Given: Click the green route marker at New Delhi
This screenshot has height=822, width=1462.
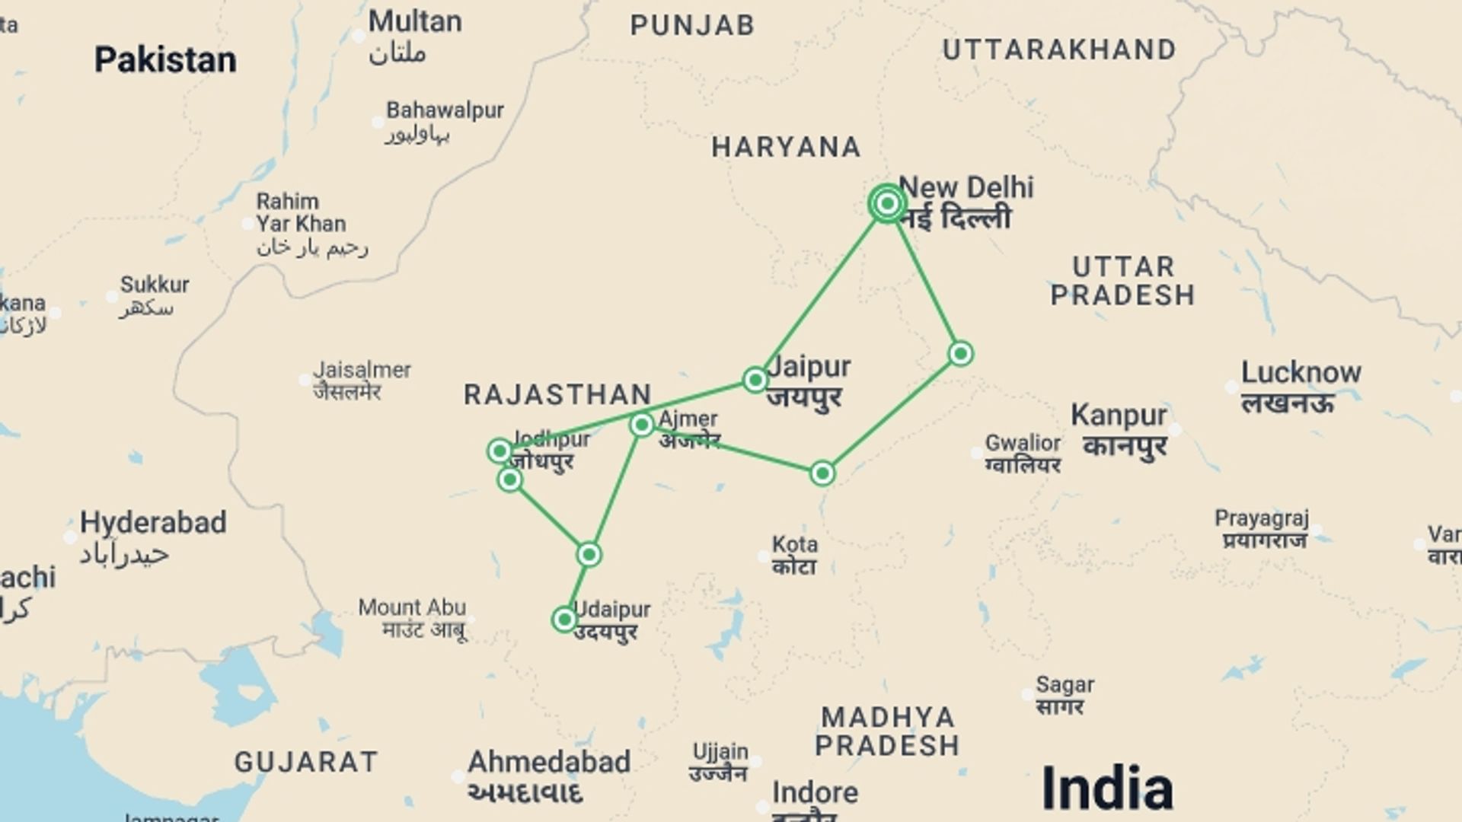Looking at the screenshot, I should pyautogui.click(x=887, y=203).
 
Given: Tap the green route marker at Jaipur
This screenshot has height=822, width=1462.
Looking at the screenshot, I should pyautogui.click(x=755, y=379).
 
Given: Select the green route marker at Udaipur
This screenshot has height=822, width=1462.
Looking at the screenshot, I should pyautogui.click(x=564, y=620).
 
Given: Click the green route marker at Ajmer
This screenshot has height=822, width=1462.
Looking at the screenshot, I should pyautogui.click(x=642, y=425).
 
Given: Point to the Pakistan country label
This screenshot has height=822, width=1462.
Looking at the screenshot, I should pyautogui.click(x=165, y=59).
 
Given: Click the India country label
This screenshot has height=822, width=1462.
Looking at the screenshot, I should pyautogui.click(x=1106, y=787).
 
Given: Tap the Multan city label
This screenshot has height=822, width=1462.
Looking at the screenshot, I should pyautogui.click(x=415, y=21).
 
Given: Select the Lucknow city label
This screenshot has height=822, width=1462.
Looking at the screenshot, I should pyautogui.click(x=1301, y=373).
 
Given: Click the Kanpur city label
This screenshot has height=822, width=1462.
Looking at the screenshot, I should pyautogui.click(x=1119, y=416).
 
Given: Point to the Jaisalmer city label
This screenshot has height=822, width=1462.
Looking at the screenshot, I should pyautogui.click(x=362, y=370).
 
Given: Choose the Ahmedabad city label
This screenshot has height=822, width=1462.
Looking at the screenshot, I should pyautogui.click(x=549, y=762).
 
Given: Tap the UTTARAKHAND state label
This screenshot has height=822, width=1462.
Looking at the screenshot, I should pyautogui.click(x=1059, y=50).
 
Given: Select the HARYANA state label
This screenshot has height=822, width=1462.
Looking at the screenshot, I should pyautogui.click(x=787, y=147).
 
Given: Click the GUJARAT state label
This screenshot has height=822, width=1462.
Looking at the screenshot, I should pyautogui.click(x=306, y=762).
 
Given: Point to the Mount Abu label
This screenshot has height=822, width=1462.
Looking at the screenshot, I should pyautogui.click(x=412, y=607).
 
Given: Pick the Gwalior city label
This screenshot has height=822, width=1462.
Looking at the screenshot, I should pyautogui.click(x=1023, y=443).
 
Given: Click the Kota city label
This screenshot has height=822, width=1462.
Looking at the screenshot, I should pyautogui.click(x=795, y=545).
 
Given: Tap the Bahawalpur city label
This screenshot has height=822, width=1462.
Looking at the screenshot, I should pyautogui.click(x=445, y=110).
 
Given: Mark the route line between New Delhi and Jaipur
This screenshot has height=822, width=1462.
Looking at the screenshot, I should pyautogui.click(x=821, y=292).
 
